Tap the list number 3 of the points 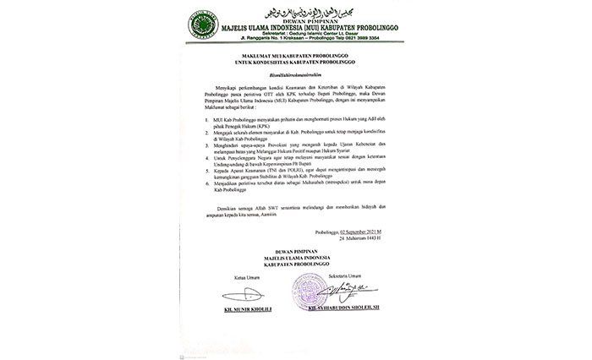207,167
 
